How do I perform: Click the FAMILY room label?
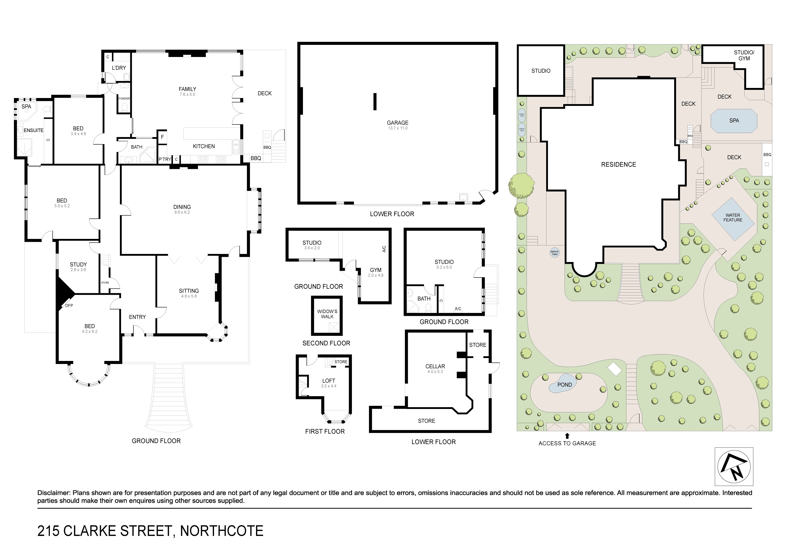coord(187,89)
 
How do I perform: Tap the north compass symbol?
coord(734,466)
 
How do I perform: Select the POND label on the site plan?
coord(565,385)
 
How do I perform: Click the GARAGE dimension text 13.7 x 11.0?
coord(397,128)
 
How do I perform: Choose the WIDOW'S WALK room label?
coord(327,314)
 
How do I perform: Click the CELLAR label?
coord(435,366)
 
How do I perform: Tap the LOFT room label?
coord(329,381)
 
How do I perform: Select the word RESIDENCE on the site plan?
coord(619,164)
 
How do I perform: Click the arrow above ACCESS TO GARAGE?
coord(567,436)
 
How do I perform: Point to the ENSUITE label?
coord(33,130)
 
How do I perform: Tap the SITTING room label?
coord(189,291)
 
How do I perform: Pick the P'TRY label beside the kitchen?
coord(165,159)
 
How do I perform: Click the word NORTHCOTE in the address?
coord(222,531)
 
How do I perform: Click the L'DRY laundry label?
coord(119,68)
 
